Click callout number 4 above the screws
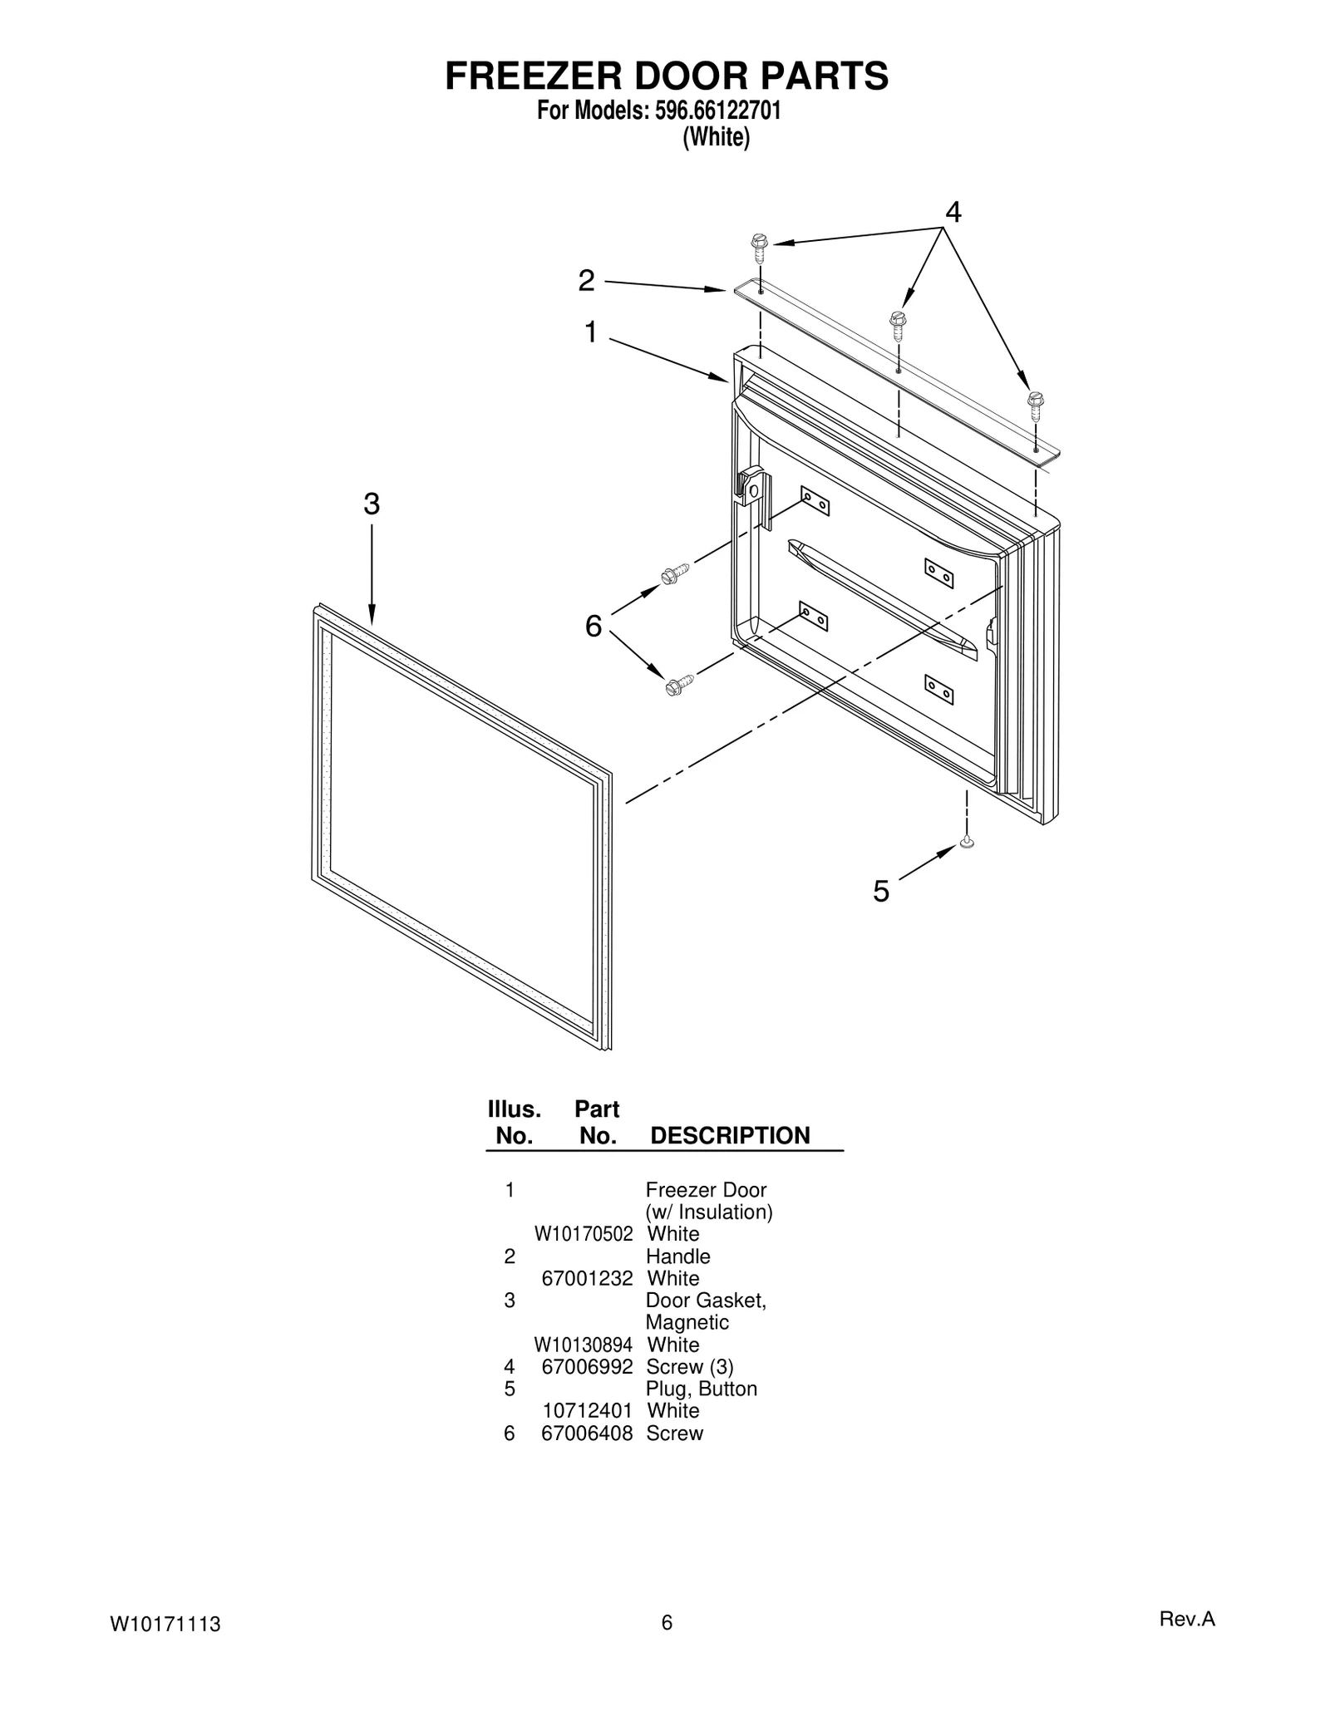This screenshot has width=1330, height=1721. click(x=953, y=213)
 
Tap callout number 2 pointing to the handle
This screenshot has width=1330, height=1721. click(x=587, y=281)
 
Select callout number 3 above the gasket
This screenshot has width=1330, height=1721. click(x=372, y=504)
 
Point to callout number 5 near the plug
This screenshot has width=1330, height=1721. click(x=881, y=892)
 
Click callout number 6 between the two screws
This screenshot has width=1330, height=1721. click(x=593, y=626)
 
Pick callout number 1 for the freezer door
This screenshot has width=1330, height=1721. click(x=590, y=332)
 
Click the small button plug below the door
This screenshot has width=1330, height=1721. click(x=966, y=843)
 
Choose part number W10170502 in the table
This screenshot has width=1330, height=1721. click(x=583, y=1234)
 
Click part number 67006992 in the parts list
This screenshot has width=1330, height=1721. click(x=587, y=1367)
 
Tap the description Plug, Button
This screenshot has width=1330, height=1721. click(x=701, y=1389)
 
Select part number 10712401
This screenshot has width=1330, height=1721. click(x=587, y=1411)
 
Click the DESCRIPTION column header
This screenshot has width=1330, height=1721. click(x=729, y=1136)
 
